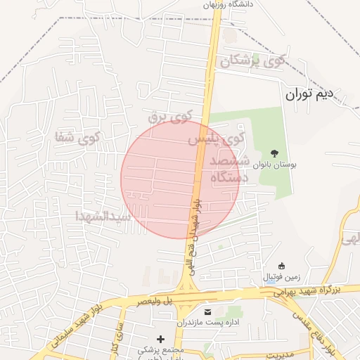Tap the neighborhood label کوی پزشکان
coord(253,61)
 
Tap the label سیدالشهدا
coord(103,216)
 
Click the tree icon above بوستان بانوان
coord(274,153)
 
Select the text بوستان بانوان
coord(275,164)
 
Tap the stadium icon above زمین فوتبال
coord(282,265)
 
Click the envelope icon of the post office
coord(207,311)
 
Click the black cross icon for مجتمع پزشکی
coord(161,339)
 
